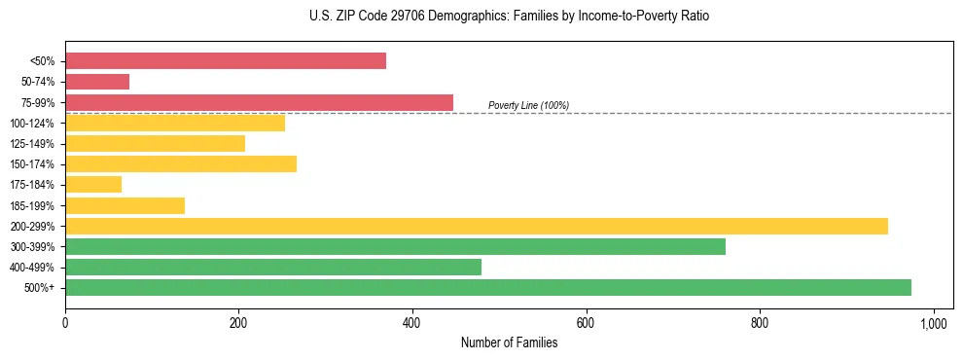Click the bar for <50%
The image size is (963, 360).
(226, 61)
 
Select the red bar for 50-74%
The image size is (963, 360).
(97, 82)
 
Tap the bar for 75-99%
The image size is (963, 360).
(259, 102)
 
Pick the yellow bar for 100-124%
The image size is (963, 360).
(175, 123)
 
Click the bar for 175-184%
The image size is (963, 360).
(93, 184)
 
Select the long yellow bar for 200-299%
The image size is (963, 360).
(477, 226)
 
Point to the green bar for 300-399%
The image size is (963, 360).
(395, 246)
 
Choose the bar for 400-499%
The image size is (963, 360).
(273, 267)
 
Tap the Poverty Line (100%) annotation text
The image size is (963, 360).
(528, 105)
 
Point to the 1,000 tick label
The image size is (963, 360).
(934, 323)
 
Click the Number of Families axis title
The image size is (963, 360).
(509, 342)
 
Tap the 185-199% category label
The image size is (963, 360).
(32, 205)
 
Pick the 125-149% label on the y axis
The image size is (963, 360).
(32, 144)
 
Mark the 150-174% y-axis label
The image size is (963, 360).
(32, 164)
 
